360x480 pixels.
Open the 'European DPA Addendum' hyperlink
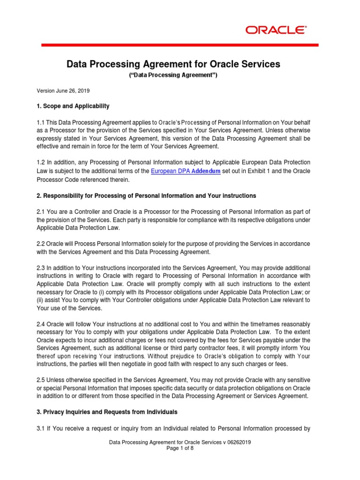click(186, 172)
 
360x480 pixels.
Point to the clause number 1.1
click(41, 122)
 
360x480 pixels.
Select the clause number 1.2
click(41, 163)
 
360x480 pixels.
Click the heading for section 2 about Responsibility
click(146, 195)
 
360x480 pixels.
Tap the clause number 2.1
click(41, 212)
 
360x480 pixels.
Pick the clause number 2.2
click(41, 244)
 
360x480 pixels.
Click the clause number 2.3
click(41, 268)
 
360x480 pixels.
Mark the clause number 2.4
click(41, 324)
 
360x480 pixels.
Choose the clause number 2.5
click(41, 380)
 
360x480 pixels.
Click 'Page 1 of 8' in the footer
click(180, 448)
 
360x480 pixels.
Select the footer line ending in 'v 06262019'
click(180, 442)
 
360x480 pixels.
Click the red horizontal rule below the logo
click(180, 45)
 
